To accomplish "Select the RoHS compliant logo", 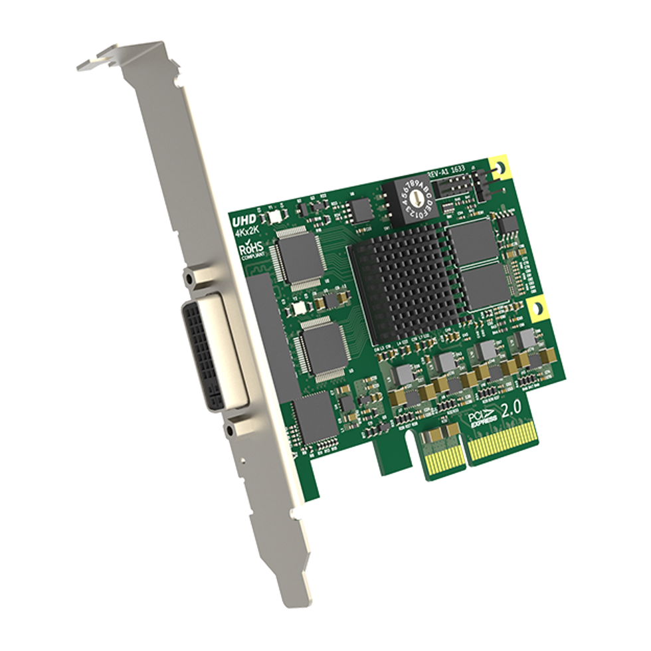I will pos(250,250).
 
